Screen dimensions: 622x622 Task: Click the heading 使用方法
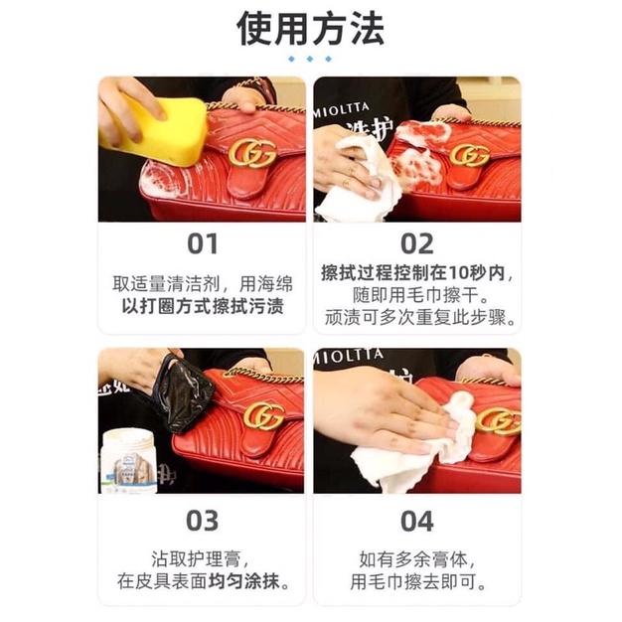310,28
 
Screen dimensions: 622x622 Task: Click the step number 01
203,243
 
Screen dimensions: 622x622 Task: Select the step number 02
417,243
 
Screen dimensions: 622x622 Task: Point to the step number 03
203,521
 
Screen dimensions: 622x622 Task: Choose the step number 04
417,521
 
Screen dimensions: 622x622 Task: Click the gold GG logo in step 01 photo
252,154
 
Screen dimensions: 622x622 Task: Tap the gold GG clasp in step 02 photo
470,155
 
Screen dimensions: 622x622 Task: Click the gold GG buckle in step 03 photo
263,416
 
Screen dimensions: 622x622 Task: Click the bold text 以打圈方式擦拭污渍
203,306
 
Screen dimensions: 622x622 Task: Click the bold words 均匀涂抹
242,581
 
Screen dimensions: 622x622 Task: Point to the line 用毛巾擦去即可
418,581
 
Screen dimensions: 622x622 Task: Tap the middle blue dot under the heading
310,59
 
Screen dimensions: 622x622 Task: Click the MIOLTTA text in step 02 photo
342,109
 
